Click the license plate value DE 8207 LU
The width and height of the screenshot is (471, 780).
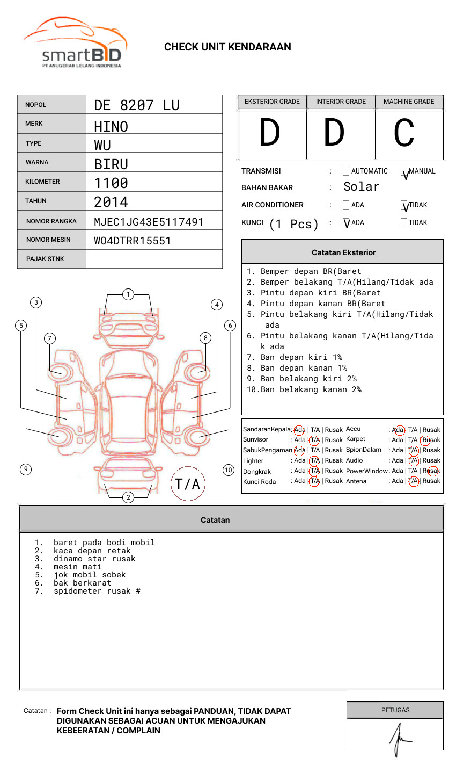coord(136,105)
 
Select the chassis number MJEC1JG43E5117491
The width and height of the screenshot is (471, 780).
coord(149,222)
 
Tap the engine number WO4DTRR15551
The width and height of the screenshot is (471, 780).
coord(132,241)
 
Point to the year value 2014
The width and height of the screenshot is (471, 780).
coord(111,202)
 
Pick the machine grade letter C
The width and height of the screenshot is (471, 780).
coord(404,133)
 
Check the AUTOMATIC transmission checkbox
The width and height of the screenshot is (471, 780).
coord(346,171)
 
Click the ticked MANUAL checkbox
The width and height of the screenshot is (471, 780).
coord(404,171)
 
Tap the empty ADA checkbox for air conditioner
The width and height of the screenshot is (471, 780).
coord(346,205)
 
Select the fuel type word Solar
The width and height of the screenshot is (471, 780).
coord(361,187)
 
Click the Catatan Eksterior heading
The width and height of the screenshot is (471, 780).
coord(343,252)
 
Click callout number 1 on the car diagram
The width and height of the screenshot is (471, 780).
coord(128,294)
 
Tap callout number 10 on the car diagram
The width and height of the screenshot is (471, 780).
coord(229,470)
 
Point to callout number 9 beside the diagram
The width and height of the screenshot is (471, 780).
coord(25,469)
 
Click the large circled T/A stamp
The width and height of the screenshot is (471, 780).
coord(187,484)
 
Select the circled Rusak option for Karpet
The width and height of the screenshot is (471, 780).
coord(431,440)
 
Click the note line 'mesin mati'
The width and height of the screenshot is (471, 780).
coord(77,567)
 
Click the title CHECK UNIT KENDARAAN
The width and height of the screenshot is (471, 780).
coord(227,47)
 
